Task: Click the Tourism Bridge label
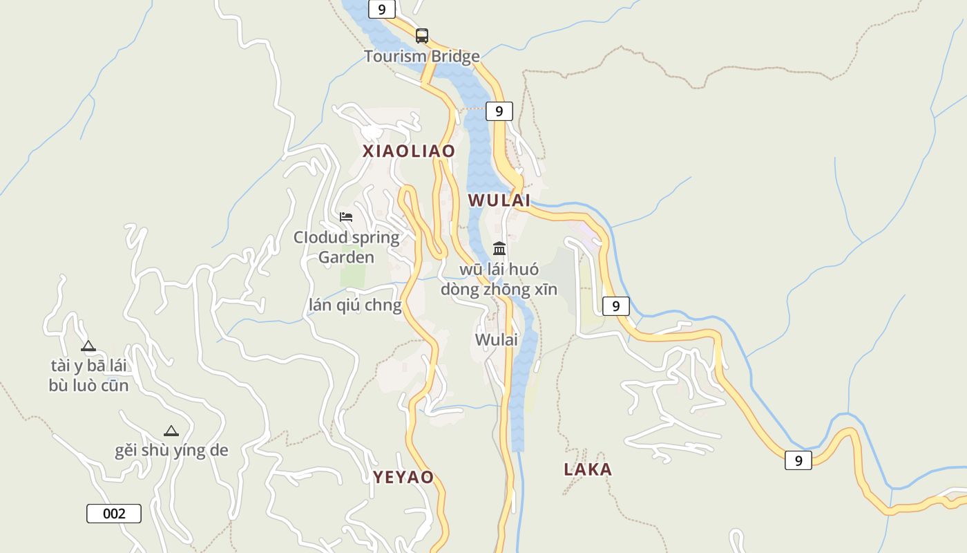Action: coord(421,57)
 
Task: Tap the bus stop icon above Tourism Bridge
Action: coord(421,35)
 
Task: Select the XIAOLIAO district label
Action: coord(409,151)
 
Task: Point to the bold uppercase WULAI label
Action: coord(499,201)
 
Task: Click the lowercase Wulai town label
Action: coord(496,340)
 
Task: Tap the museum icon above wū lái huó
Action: coord(499,249)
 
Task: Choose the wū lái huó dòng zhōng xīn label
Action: coord(499,279)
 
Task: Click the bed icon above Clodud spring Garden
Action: coord(346,217)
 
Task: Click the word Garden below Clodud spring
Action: coord(346,258)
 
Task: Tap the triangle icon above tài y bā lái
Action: coord(88,346)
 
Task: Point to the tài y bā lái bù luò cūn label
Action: coord(88,375)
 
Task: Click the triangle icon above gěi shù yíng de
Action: coord(171,431)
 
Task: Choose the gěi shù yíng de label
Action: coord(171,451)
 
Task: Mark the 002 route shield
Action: coord(114,514)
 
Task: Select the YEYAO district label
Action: coord(403,477)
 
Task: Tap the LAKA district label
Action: coord(588,470)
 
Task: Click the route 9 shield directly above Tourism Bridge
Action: coord(381,9)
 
